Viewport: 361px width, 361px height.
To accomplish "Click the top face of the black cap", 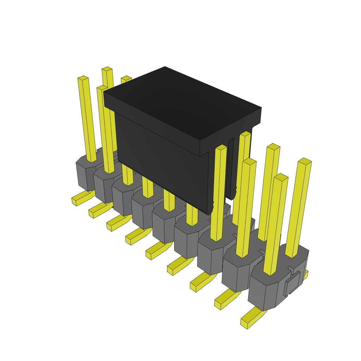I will point(182,102).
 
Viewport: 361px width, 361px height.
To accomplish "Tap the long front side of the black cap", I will point(159,155).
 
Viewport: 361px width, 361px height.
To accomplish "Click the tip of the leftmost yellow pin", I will point(83,78).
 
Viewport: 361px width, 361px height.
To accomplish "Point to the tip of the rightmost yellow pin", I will point(305,161).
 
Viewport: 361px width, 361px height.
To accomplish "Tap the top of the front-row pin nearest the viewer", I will point(281,177).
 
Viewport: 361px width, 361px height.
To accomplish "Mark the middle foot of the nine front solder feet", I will point(157,250).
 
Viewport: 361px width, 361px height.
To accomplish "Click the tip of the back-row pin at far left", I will point(107,69).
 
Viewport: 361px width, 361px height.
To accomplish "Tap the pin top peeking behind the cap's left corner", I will point(126,78).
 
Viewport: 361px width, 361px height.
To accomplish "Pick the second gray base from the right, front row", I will point(236,275).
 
